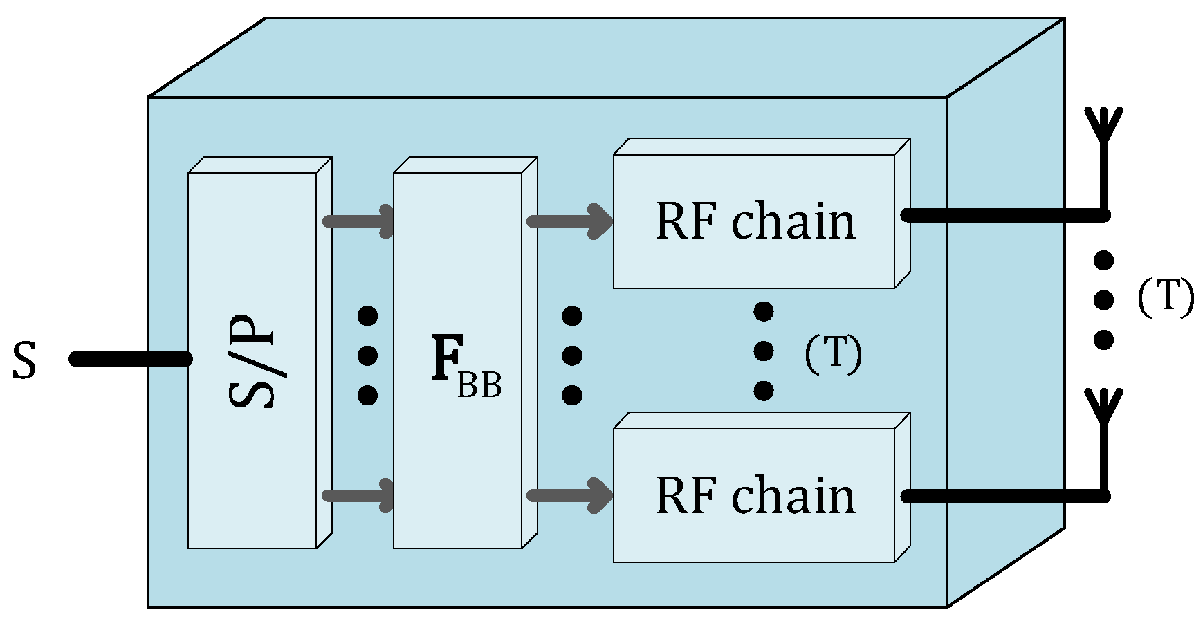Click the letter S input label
(x=24, y=361)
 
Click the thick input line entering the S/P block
(x=130, y=359)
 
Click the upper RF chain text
(x=755, y=222)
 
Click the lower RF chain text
(x=755, y=496)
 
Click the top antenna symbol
(x=1103, y=128)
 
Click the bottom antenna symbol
(x=1103, y=408)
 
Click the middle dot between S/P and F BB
(x=367, y=355)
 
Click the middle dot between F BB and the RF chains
(x=571, y=355)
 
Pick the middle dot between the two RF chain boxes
(x=763, y=351)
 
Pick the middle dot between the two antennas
(x=1103, y=299)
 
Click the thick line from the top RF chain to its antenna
(x=1003, y=215)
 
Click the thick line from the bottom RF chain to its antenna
(x=1003, y=496)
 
